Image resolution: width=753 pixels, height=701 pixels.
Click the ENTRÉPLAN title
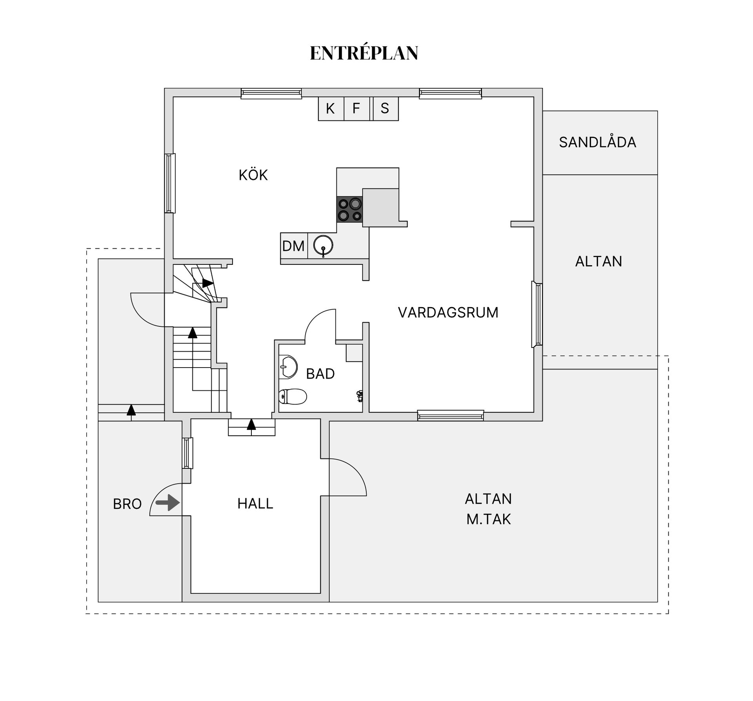(364, 53)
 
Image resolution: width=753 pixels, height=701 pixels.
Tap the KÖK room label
(253, 175)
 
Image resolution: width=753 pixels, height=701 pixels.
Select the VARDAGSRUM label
(448, 312)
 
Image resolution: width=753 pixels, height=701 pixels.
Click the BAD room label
(320, 374)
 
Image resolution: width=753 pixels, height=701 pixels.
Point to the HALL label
(255, 503)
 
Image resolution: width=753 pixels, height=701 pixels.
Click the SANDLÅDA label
(598, 142)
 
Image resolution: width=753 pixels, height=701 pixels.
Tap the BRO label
(127, 504)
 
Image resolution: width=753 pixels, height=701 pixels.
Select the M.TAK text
(489, 519)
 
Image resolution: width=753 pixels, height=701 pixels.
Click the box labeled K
(331, 108)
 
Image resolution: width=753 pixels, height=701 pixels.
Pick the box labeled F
(356, 108)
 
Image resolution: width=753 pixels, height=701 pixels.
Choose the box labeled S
(385, 108)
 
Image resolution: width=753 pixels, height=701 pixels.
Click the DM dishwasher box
(294, 246)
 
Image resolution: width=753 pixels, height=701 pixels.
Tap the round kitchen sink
(323, 246)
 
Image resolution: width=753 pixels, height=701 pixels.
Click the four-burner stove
(349, 209)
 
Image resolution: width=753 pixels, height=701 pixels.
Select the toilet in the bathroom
(293, 397)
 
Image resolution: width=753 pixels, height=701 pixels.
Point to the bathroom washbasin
(288, 367)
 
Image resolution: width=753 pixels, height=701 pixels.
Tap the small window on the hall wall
(188, 453)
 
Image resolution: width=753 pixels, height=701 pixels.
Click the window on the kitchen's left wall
(170, 183)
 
